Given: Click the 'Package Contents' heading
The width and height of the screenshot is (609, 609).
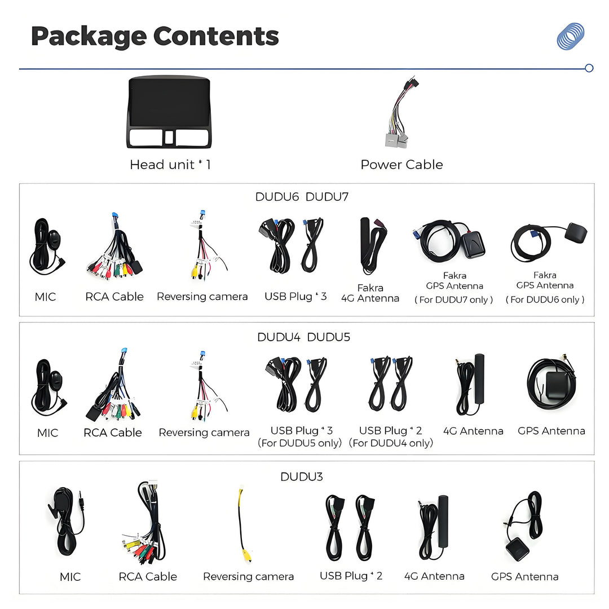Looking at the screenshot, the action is pos(155,37).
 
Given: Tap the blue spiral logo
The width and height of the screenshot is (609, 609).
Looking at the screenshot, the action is pos(571,36).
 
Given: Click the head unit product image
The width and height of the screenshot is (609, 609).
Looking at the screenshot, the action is pos(169,112).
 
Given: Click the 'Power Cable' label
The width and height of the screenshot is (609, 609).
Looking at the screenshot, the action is pos(401,165).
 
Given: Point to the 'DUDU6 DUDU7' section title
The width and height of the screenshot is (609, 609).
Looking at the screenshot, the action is pos(302,197).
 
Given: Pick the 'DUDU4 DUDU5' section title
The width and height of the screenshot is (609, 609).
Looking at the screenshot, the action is pos(304,337).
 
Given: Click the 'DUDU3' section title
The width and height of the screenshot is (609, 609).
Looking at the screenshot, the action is pos(301,476).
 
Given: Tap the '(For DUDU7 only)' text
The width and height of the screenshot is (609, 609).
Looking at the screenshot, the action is pos(453,300).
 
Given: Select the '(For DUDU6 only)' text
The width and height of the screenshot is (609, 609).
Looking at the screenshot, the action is pos(545,299).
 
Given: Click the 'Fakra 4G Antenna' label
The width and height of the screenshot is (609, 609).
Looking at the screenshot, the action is pos(370,293).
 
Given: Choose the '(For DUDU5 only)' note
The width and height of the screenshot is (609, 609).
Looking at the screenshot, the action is pos(300,443).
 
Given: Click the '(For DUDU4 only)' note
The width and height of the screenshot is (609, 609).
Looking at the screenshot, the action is pos(391,443).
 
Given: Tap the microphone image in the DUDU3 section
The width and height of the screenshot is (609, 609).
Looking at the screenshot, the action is pos(66,521).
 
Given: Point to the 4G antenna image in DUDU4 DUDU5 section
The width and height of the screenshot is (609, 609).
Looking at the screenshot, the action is pos(470,384).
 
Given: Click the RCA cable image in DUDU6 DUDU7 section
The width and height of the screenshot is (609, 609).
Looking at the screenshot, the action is pos(114,246).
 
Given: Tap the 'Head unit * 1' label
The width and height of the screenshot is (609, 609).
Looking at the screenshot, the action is pos(170,165).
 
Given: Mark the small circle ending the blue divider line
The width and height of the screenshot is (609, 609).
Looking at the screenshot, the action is pos(589,68).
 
